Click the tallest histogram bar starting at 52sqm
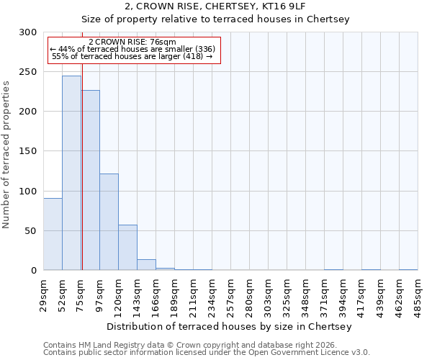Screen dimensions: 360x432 [71, 173]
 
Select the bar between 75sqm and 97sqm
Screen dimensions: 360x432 [91, 180]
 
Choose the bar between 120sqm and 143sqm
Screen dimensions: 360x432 [127, 248]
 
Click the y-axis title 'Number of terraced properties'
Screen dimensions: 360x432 [6, 154]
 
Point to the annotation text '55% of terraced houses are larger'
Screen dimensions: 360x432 [132, 56]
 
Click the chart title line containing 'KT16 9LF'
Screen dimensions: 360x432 [215, 6]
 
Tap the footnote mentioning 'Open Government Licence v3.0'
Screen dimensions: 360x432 [207, 353]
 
